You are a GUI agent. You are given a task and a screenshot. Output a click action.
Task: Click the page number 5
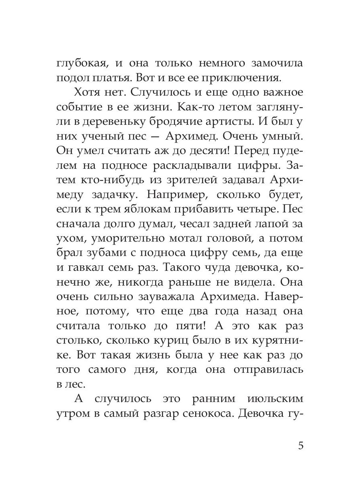coord(301,446)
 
